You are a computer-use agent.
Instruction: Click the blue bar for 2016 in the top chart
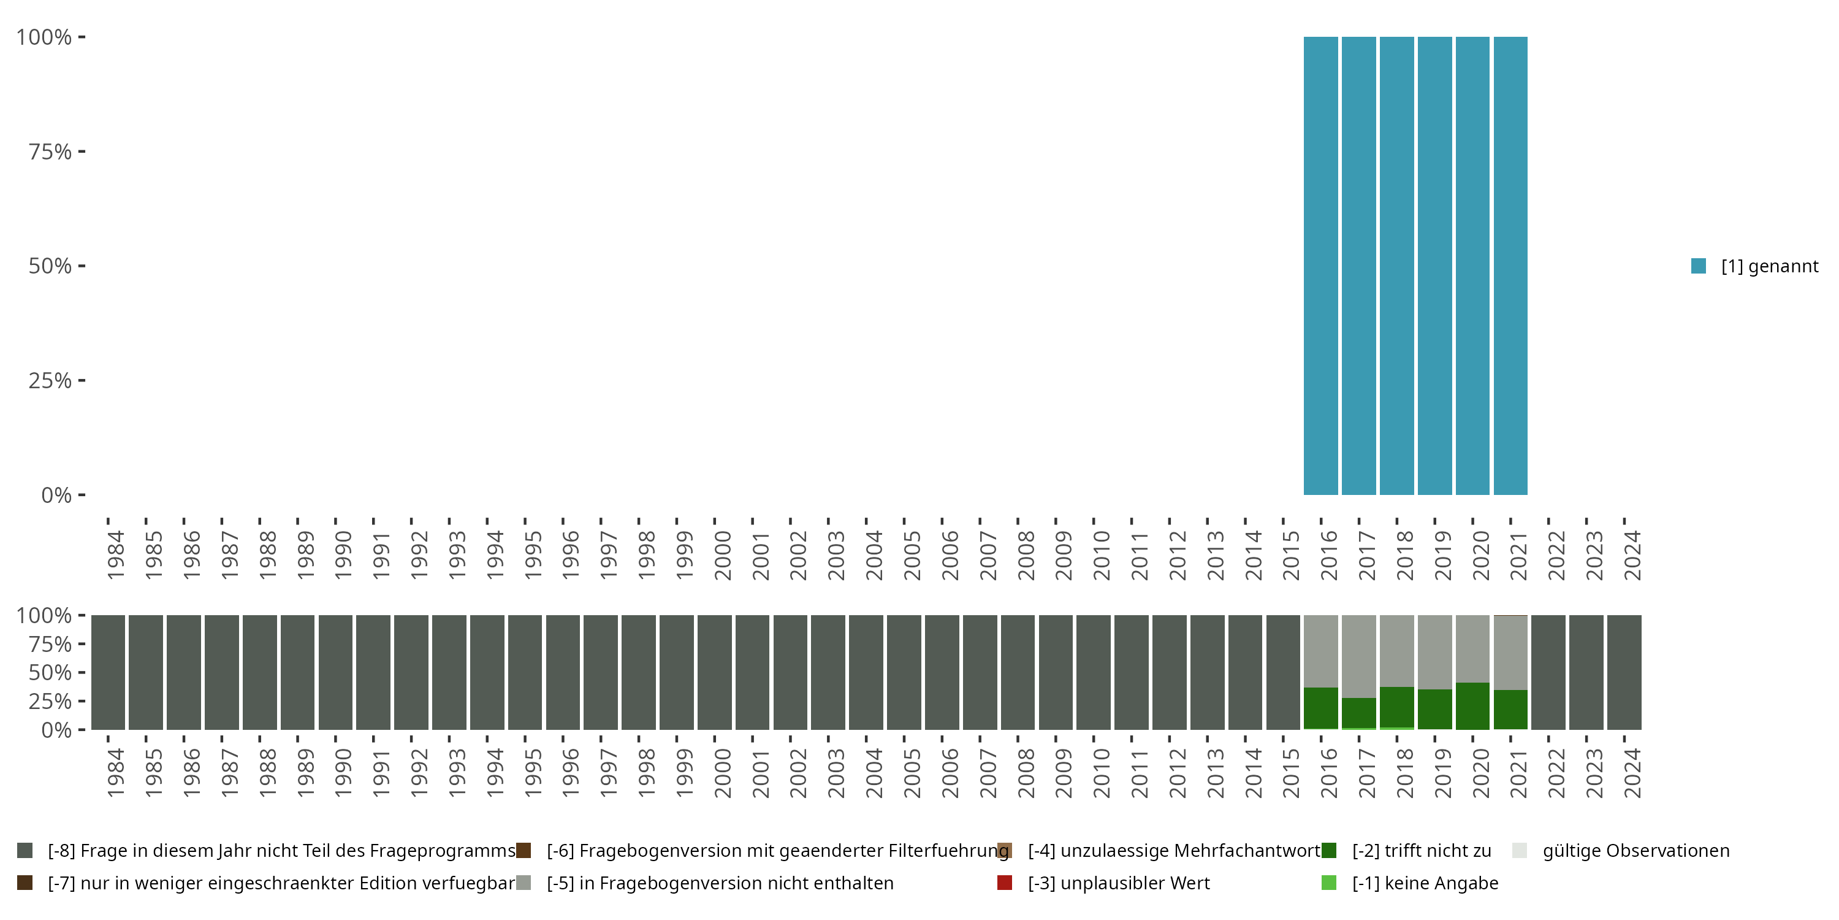click(x=1321, y=266)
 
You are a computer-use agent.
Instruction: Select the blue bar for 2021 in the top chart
click(x=1510, y=266)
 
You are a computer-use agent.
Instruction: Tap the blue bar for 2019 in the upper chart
click(x=1434, y=266)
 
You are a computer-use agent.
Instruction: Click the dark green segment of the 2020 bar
click(x=1473, y=706)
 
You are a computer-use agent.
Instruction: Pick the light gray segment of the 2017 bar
click(x=1358, y=656)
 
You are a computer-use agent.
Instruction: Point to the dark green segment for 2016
click(x=1321, y=708)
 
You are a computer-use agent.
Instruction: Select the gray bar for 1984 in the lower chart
click(x=109, y=672)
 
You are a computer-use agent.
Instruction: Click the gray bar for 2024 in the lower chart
click(x=1624, y=672)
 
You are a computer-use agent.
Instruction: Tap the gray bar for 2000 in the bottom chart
click(x=715, y=672)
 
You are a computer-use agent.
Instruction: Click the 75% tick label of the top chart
click(x=50, y=151)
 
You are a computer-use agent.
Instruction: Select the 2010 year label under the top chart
click(x=1101, y=555)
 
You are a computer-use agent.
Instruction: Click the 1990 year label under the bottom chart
click(x=343, y=773)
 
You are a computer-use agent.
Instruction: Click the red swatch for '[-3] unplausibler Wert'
click(x=1005, y=883)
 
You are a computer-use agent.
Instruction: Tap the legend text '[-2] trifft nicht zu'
click(x=1422, y=851)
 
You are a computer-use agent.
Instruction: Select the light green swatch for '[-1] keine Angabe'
click(x=1328, y=883)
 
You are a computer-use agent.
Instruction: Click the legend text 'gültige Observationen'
click(x=1635, y=851)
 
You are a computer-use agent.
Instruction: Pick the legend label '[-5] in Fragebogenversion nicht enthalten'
click(x=720, y=883)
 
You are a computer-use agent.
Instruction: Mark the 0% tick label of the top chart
click(x=56, y=495)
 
